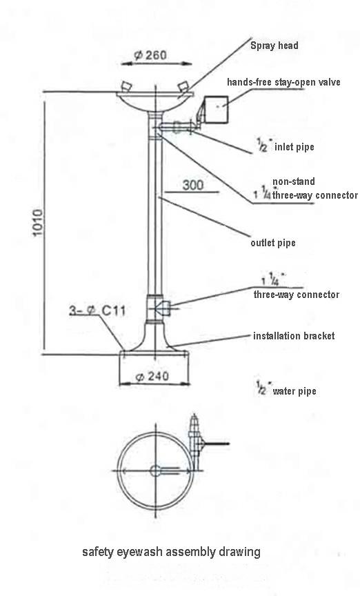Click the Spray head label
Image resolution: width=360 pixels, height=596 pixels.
274,46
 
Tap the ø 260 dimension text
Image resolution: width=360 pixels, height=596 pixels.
150,55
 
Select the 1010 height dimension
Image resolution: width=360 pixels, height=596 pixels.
38,222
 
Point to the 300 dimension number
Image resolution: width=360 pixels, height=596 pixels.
193,185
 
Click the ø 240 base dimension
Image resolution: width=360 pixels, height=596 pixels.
152,377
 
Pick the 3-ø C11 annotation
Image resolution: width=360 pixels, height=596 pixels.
97,310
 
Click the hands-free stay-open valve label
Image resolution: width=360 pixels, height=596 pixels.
283,82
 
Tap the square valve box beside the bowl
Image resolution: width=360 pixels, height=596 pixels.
217,110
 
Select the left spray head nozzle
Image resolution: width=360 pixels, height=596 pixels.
126,87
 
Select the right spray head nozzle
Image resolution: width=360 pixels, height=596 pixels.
183,87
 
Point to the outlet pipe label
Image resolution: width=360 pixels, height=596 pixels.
273,243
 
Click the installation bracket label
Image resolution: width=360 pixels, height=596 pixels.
294,336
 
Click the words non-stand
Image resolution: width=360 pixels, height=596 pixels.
294,181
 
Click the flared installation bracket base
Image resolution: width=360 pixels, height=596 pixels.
154,337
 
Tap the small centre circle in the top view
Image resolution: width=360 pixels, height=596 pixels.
155,470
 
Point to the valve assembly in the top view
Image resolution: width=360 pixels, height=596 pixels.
197,437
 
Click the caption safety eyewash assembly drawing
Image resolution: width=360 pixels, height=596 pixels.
172,552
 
